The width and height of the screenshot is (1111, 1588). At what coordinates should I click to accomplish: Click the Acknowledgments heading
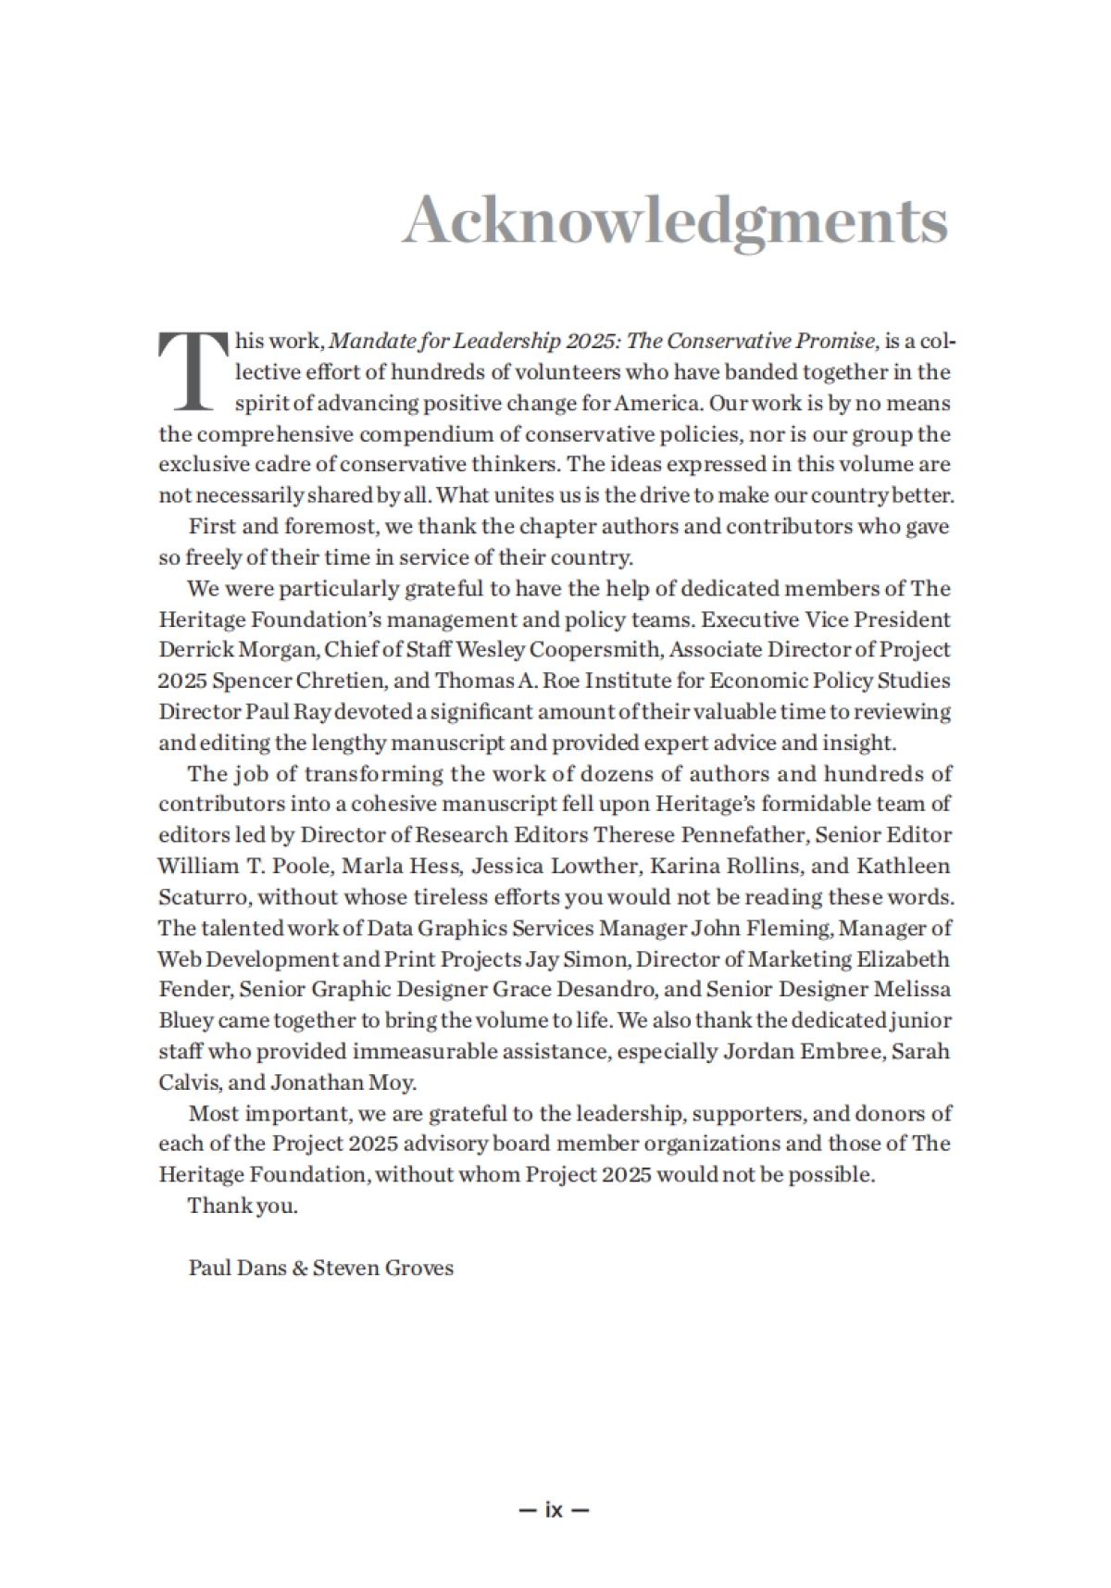point(675,221)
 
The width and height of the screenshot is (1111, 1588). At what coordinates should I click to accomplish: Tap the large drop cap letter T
point(192,369)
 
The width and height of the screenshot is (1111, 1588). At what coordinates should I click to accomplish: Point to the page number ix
point(555,1510)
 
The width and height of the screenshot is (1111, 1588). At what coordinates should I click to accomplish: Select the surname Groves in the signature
point(418,1268)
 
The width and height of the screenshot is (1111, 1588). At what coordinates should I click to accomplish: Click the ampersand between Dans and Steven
point(299,1268)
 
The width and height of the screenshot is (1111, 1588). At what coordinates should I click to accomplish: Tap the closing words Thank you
point(243,1206)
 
